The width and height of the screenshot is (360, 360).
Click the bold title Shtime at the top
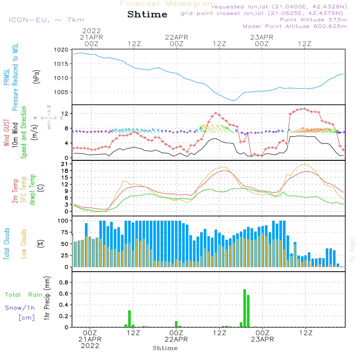click(148, 14)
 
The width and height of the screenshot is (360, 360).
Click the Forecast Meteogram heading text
click(168, 4)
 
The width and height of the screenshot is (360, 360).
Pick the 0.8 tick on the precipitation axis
click(64, 283)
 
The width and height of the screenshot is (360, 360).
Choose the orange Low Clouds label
click(24, 243)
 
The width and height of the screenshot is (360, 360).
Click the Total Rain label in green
click(24, 295)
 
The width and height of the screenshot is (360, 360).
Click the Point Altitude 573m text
click(313, 20)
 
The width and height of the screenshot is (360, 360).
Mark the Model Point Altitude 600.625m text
click(295, 26)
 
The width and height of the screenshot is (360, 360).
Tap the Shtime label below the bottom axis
click(165, 348)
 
